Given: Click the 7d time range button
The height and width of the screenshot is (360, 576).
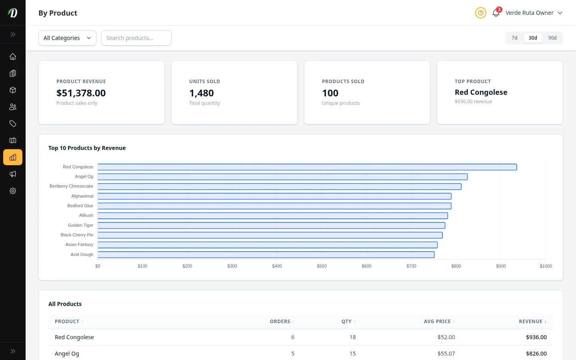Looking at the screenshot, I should pos(514,38).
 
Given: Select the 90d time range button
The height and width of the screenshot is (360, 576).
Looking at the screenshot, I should pos(552,38).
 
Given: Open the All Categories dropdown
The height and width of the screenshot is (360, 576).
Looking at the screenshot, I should pos(67,38).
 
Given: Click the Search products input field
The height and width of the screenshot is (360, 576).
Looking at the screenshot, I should pos(136,38).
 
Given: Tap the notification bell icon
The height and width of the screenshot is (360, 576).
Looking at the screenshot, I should pos(496,13).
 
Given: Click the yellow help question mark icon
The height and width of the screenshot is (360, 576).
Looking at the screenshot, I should pos(480,13).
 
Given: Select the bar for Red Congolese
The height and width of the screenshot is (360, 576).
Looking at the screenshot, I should pos(307,167).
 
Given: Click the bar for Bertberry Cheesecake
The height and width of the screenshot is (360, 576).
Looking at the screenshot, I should pos(279,186).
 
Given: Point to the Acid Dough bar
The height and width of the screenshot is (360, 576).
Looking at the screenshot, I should pos(266,255).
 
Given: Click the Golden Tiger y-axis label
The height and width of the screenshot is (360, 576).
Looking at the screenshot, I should pos(80,225).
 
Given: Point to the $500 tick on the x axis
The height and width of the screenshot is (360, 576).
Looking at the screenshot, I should pos(322,266).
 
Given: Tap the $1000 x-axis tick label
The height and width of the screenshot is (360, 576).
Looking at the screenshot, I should pos(546,266).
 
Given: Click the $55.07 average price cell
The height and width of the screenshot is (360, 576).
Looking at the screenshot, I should pos(446,354).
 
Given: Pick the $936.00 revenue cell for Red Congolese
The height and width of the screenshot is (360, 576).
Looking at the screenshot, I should pos(536,337).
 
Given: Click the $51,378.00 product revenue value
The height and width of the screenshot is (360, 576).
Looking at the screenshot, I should pos(81,93).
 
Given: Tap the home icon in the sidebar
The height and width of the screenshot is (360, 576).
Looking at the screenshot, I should pos(13,56).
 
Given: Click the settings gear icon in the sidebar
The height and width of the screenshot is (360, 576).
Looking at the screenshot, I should pos(13,191).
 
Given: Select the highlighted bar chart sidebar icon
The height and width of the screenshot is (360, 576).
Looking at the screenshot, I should pos(13,157).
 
